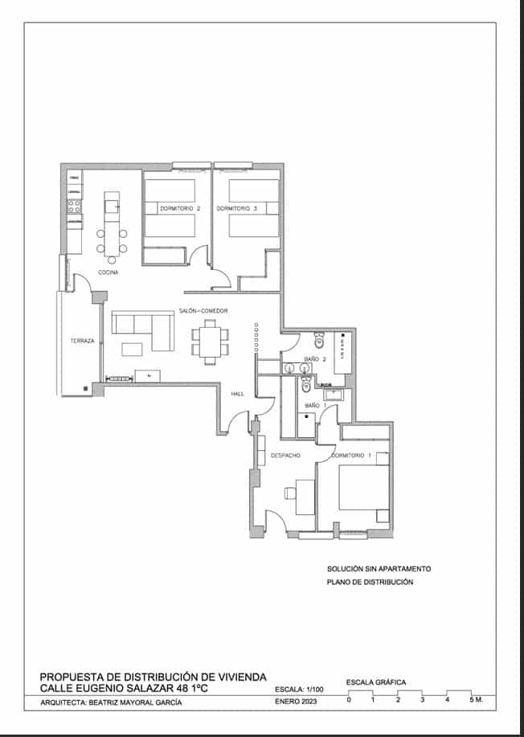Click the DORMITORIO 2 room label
tap(176, 209)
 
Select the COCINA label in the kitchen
tap(108, 273)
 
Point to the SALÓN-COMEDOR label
tap(203, 311)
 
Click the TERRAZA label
tap(82, 341)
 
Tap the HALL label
tap(237, 394)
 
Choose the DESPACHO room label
tap(285, 456)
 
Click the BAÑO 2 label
tap(314, 358)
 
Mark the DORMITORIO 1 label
tap(352, 456)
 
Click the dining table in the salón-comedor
tap(210, 341)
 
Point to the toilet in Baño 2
tap(319, 340)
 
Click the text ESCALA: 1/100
tap(300, 690)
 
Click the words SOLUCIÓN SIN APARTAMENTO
tap(379, 568)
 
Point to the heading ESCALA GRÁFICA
tap(375, 682)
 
